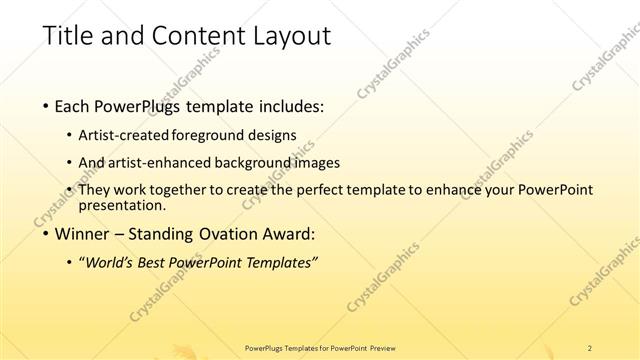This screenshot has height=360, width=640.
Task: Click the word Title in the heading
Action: pyautogui.click(x=67, y=37)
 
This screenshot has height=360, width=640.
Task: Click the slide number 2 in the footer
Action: pyautogui.click(x=590, y=348)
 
